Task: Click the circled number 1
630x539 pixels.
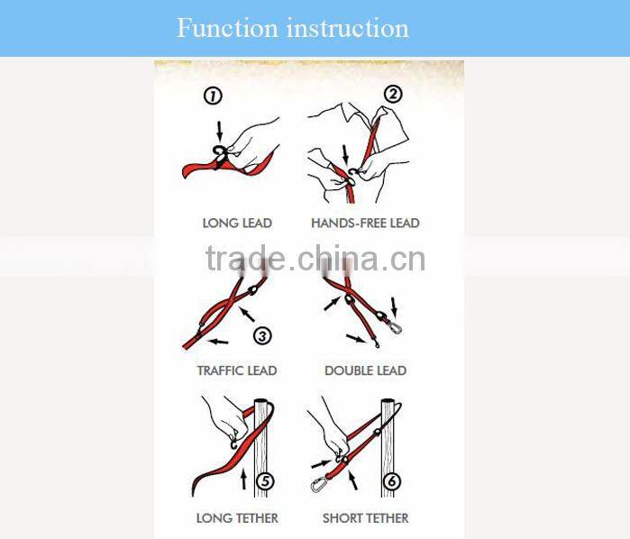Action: pyautogui.click(x=213, y=96)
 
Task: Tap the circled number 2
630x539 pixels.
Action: pyautogui.click(x=393, y=94)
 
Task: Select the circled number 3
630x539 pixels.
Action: pyautogui.click(x=262, y=335)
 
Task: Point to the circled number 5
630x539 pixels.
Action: pyautogui.click(x=266, y=481)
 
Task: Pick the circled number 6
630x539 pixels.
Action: pyautogui.click(x=392, y=481)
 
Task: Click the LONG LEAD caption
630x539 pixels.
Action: pyautogui.click(x=237, y=223)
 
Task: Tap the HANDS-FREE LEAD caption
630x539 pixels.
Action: pyautogui.click(x=365, y=223)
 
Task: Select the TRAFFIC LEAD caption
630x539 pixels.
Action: pyautogui.click(x=237, y=370)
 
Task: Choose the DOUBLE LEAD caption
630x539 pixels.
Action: pyautogui.click(x=365, y=370)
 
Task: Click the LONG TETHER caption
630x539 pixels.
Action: pyautogui.click(x=237, y=518)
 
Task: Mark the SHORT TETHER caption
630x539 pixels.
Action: pyautogui.click(x=365, y=518)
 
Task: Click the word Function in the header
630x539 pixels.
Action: pyautogui.click(x=227, y=28)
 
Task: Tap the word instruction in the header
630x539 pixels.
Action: pyautogui.click(x=348, y=28)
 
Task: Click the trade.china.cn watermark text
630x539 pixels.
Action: pyautogui.click(x=315, y=259)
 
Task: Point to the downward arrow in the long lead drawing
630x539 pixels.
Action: pyautogui.click(x=219, y=131)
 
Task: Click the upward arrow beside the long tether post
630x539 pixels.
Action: pyautogui.click(x=243, y=479)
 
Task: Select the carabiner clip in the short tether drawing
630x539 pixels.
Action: pyautogui.click(x=319, y=483)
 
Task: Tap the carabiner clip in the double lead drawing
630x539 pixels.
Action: pyautogui.click(x=396, y=327)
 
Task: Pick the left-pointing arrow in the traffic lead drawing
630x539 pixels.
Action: pyautogui.click(x=218, y=342)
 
